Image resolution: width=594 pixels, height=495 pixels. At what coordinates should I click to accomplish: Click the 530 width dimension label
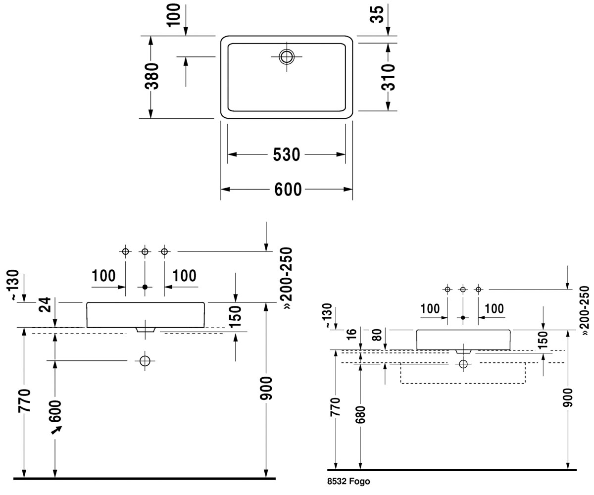287,154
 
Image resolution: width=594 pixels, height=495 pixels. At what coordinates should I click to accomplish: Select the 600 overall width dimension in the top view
288,190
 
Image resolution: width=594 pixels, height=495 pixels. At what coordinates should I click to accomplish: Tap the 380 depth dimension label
151,76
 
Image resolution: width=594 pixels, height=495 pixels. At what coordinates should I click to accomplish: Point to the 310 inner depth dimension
388,77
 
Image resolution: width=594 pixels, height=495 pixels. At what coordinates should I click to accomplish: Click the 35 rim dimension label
377,14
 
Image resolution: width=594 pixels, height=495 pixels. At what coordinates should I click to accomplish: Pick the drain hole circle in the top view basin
287,56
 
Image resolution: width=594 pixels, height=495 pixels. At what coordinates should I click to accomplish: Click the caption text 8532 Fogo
348,481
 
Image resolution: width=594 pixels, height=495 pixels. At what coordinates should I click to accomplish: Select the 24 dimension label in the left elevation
45,305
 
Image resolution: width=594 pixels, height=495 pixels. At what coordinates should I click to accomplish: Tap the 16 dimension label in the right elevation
351,334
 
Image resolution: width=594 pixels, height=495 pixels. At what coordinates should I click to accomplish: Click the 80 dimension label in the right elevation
377,335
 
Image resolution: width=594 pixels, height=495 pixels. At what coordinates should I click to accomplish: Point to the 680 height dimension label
360,414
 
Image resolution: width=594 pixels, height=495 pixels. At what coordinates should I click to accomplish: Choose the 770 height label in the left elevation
24,400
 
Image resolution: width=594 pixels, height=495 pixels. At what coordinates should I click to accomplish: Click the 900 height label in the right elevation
568,397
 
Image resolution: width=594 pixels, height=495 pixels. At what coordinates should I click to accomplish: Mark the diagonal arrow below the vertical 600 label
56,430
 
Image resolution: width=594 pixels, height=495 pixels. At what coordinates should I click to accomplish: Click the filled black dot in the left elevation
145,287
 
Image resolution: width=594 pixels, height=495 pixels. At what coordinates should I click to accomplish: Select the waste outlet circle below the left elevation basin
145,361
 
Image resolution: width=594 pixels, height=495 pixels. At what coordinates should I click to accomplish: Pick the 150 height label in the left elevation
235,316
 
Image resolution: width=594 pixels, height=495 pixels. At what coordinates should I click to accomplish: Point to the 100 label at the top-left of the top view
174,15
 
